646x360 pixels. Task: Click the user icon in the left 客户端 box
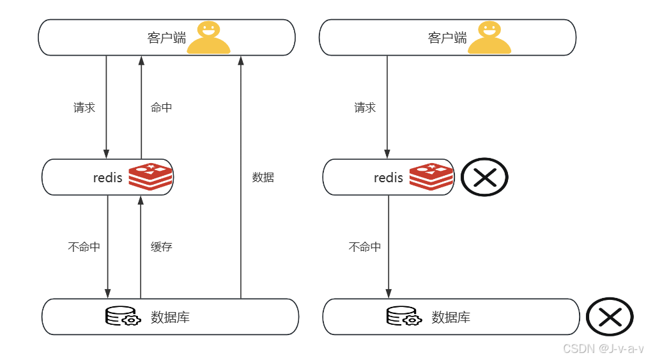[208, 37]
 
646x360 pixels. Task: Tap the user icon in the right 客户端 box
[489, 37]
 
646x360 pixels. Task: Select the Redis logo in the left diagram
[151, 176]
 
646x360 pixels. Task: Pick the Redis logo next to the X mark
[431, 176]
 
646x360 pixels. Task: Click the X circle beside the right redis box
[484, 177]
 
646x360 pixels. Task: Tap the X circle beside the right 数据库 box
[610, 317]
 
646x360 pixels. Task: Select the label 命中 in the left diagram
[161, 107]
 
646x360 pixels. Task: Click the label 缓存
[161, 247]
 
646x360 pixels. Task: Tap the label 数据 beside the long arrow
[263, 177]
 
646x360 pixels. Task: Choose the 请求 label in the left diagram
[84, 107]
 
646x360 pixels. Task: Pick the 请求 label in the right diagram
[365, 107]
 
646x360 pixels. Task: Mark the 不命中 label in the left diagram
[84, 247]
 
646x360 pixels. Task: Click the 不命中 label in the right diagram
[365, 247]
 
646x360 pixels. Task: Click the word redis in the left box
[107, 177]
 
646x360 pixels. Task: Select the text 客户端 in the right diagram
[447, 38]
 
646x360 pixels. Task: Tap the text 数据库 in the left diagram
[170, 317]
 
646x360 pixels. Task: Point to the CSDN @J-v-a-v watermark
[603, 348]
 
